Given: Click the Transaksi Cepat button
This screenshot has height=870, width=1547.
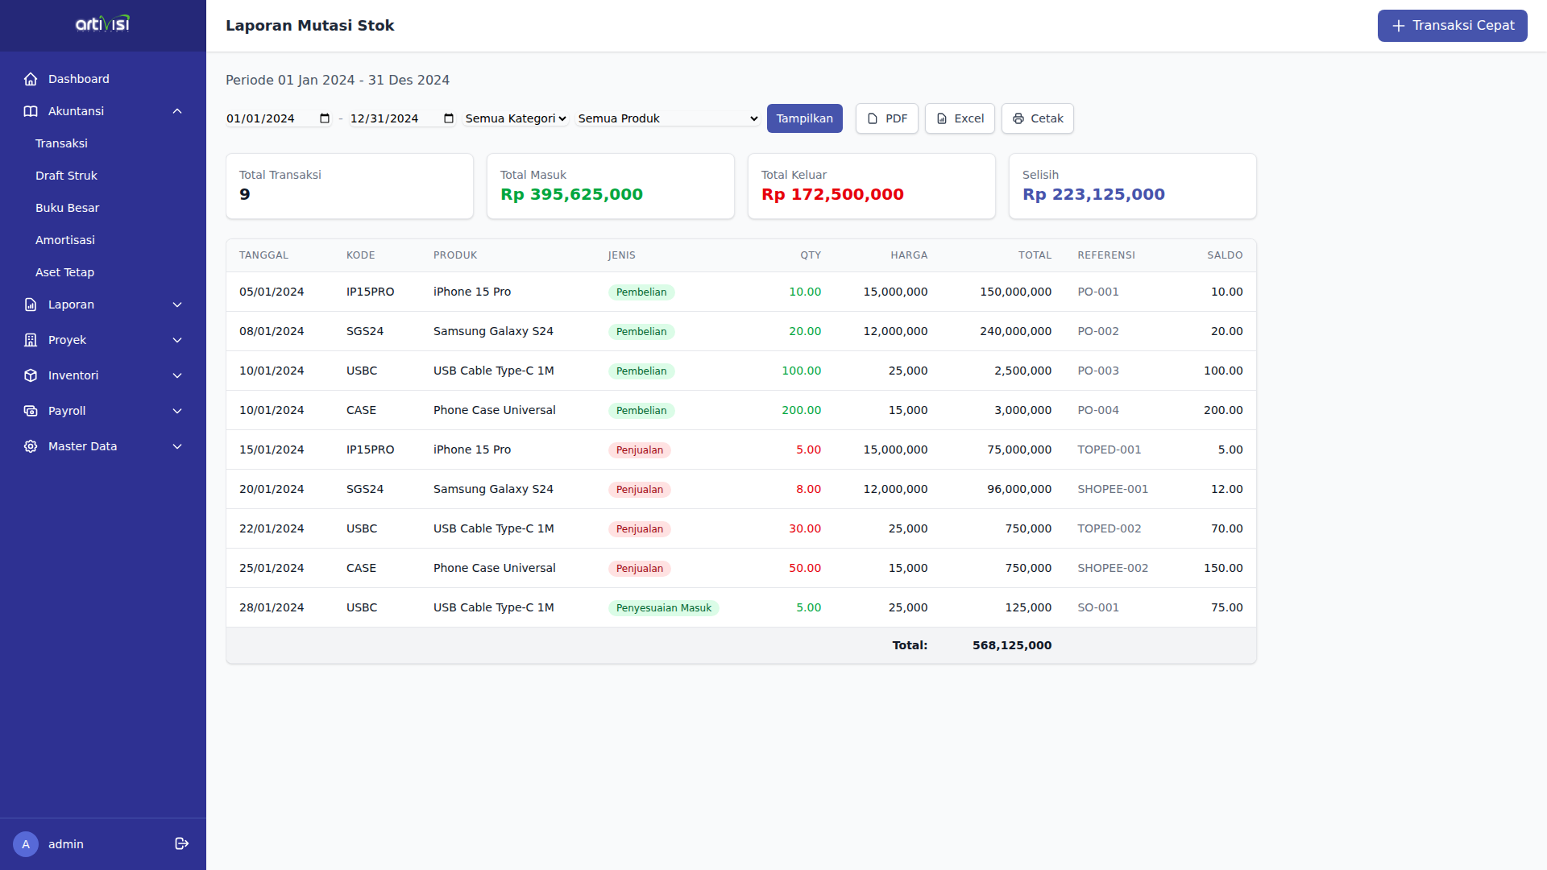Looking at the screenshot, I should click(1452, 26).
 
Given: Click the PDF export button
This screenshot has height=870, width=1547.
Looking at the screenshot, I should click(886, 118).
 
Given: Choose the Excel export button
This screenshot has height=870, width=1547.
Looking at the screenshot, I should click(960, 118).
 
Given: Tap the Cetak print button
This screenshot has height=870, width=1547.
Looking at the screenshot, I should click(1037, 118).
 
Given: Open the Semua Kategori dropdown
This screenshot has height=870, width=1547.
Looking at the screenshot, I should click(516, 118).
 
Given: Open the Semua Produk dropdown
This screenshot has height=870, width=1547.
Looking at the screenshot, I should click(667, 118).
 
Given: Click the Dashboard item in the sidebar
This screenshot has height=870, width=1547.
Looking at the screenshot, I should click(78, 79).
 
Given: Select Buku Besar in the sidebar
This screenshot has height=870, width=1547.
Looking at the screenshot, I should click(67, 208).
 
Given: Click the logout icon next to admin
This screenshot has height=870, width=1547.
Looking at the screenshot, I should click(181, 843).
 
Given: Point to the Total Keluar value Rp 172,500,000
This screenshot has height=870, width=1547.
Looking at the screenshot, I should click(832, 194).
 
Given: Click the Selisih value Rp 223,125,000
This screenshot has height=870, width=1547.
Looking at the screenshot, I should click(1093, 194).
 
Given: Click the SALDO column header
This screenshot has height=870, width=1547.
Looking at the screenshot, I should click(1224, 255).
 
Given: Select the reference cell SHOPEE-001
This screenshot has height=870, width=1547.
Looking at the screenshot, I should click(1113, 489).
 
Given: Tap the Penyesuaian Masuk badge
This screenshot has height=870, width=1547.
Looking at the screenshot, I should click(663, 608).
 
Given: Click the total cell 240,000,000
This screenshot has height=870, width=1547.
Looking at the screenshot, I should click(1015, 331).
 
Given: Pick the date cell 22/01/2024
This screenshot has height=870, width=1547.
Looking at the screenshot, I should click(272, 528).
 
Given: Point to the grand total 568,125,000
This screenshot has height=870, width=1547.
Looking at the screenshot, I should click(1011, 645).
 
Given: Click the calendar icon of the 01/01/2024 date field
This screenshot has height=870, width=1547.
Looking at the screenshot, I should click(325, 118).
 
